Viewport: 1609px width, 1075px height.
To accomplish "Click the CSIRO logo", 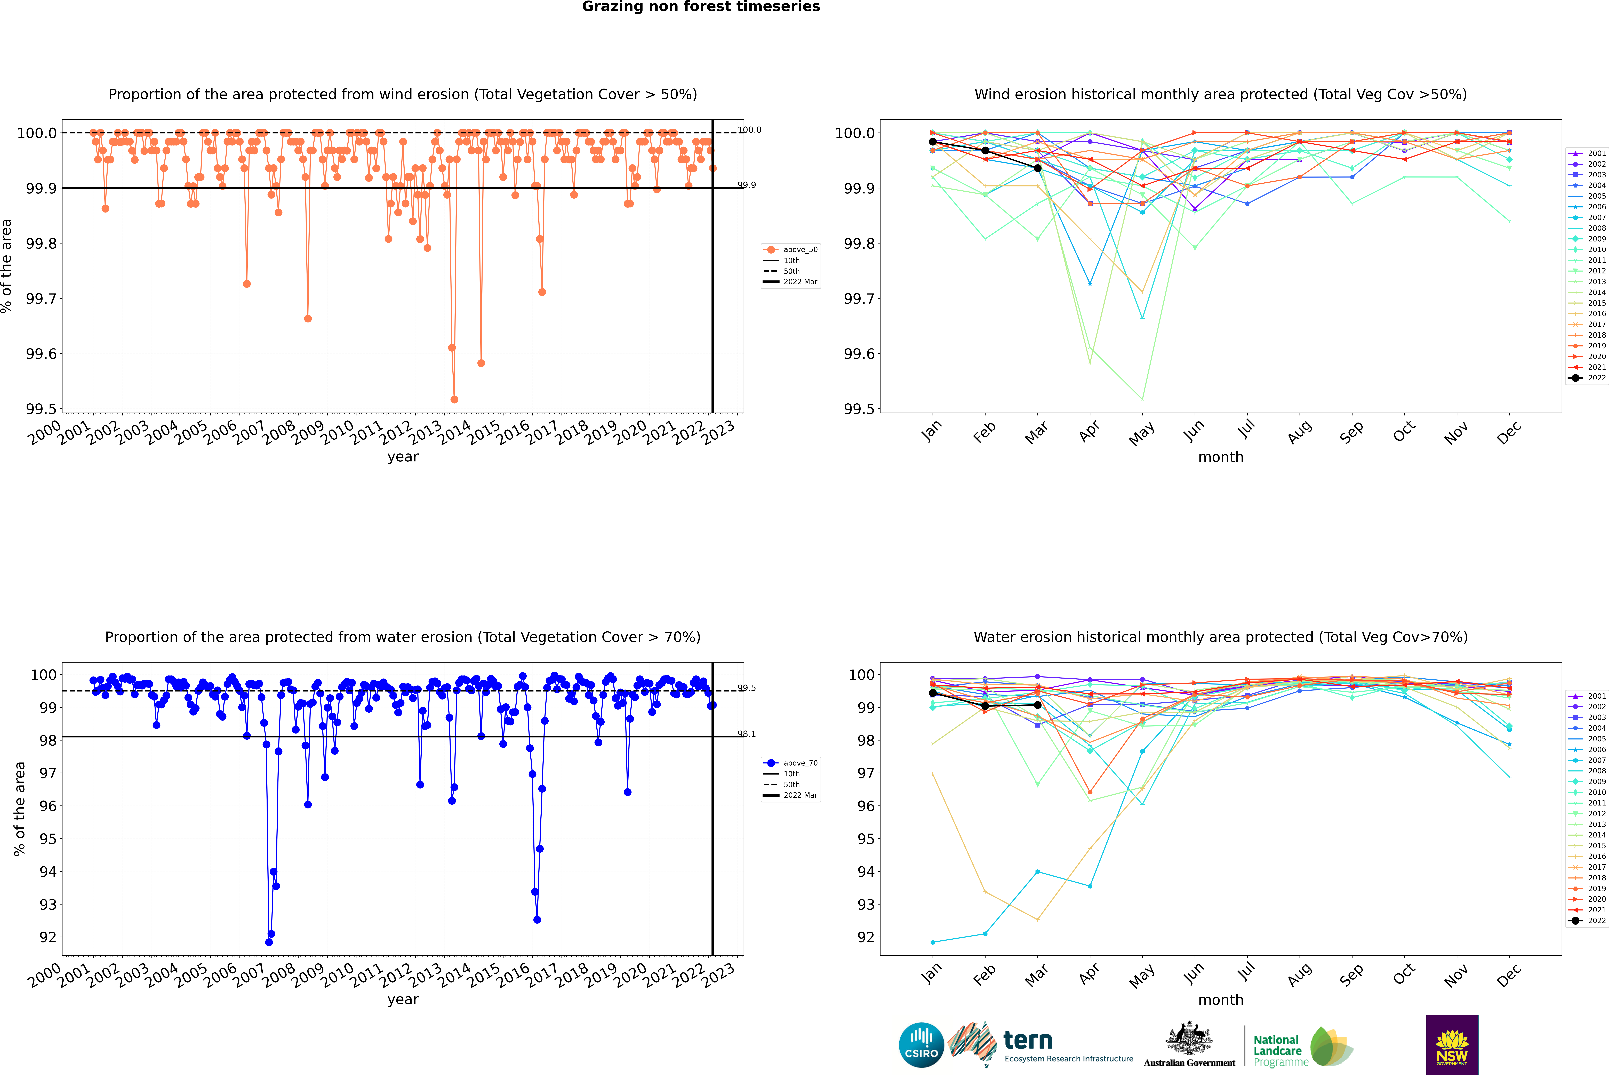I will pyautogui.click(x=921, y=1045).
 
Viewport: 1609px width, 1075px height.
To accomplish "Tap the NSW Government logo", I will pyautogui.click(x=1452, y=1045).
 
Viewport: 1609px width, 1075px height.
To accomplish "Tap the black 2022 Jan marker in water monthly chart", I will pyautogui.click(x=933, y=693).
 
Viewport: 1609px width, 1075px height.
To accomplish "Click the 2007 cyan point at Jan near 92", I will pyautogui.click(x=933, y=942).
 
